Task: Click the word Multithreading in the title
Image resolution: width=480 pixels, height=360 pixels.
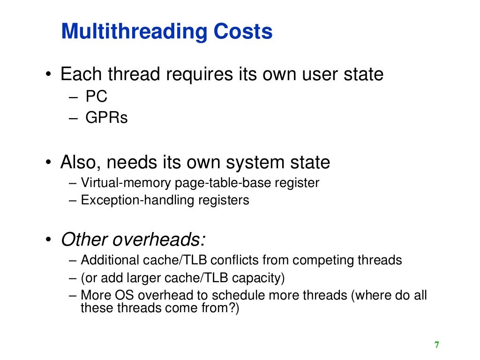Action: pos(134,32)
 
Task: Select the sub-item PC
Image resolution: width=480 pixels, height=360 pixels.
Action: pos(97,97)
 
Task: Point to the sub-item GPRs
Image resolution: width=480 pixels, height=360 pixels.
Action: pos(106,117)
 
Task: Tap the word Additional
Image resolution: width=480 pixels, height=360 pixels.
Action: pos(110,260)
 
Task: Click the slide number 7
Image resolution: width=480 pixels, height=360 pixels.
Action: pos(437,345)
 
